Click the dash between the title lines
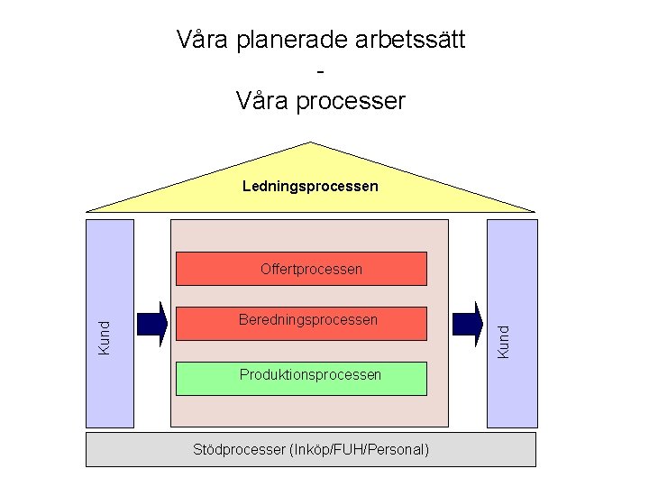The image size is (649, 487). (x=321, y=70)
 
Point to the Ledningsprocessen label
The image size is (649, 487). (x=310, y=187)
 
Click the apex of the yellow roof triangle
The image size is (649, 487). (x=311, y=143)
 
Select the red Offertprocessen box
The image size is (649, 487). (x=301, y=269)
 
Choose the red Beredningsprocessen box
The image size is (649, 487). (x=301, y=323)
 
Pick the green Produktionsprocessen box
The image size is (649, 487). (x=301, y=378)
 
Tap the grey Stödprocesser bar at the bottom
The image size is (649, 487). (x=310, y=449)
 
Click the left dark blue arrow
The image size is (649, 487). (x=152, y=324)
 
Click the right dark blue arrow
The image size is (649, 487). (x=467, y=324)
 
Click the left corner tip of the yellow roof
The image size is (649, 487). (x=88, y=211)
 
